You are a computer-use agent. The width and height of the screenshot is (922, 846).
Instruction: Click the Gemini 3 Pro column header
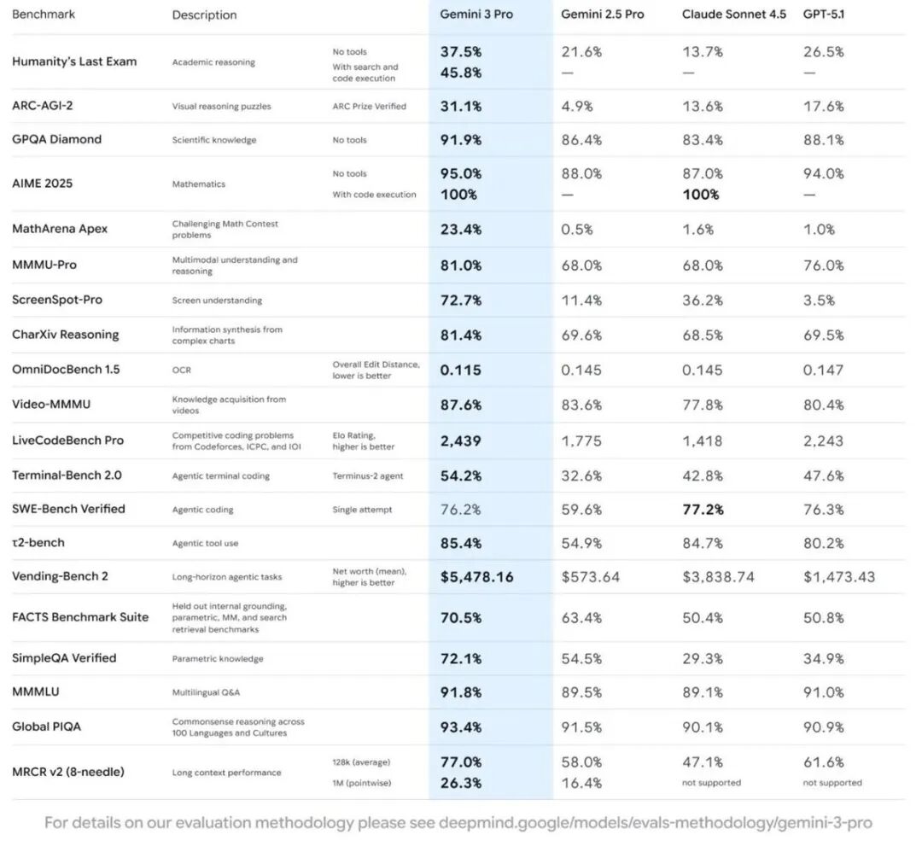pyautogui.click(x=476, y=15)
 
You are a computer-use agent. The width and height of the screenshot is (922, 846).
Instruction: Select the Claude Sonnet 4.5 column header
pyautogui.click(x=733, y=15)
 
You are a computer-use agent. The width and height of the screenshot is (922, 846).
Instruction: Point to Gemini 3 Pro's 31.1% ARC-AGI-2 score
pyautogui.click(x=461, y=106)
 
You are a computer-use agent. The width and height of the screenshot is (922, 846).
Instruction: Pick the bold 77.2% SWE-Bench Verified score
pyautogui.click(x=703, y=509)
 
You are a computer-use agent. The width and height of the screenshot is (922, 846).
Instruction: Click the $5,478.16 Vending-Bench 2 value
pyautogui.click(x=476, y=576)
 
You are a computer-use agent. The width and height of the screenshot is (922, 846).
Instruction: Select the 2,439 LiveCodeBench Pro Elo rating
pyautogui.click(x=460, y=441)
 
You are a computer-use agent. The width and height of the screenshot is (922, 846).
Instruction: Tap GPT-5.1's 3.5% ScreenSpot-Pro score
pyautogui.click(x=819, y=300)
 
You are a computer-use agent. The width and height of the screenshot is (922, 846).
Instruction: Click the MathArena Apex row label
pyautogui.click(x=60, y=229)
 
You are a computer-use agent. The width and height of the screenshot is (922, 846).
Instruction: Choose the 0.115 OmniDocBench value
pyautogui.click(x=460, y=370)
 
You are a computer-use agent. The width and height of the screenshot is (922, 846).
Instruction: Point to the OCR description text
pyautogui.click(x=181, y=370)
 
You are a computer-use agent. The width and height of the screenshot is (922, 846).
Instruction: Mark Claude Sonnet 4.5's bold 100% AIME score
pyautogui.click(x=700, y=194)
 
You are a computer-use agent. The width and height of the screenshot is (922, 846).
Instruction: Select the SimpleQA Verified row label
pyautogui.click(x=64, y=658)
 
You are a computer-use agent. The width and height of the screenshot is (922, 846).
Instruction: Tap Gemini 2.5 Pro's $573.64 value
pyautogui.click(x=591, y=576)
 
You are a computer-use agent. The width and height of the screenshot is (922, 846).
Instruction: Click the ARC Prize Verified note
pyautogui.click(x=369, y=106)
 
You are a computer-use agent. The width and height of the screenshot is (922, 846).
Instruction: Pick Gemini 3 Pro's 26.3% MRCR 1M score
pyautogui.click(x=461, y=783)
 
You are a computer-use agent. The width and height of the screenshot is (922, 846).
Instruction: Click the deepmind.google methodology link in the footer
pyautogui.click(x=656, y=823)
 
